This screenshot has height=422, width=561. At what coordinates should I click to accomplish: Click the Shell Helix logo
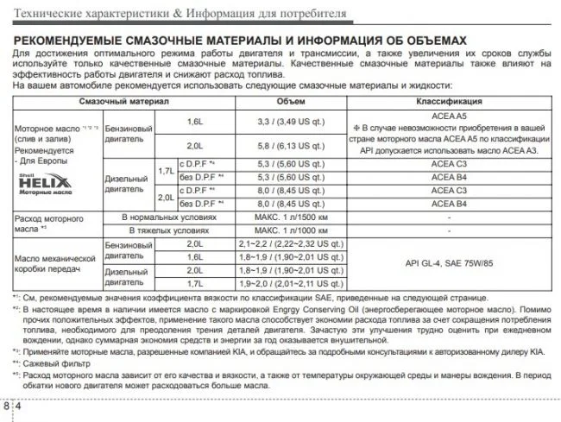[x=39, y=185]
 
